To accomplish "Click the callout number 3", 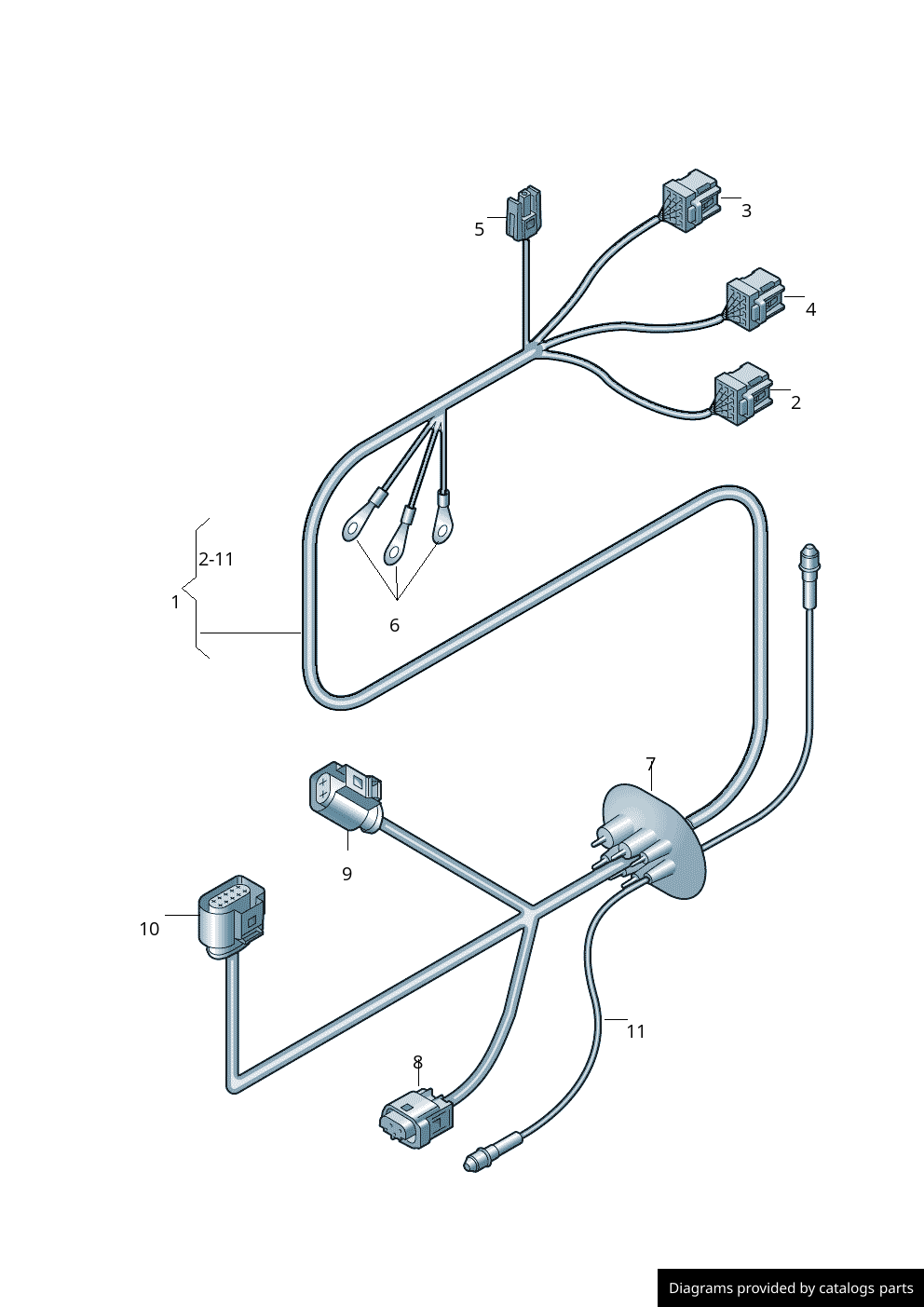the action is click(x=746, y=211).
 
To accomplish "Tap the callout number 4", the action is click(x=810, y=309).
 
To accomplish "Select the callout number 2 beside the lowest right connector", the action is click(x=795, y=402).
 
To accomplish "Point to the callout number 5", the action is click(x=479, y=229).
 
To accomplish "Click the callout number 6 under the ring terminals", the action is click(x=394, y=625).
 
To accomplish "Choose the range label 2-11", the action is click(x=216, y=559).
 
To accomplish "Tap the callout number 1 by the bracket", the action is click(x=175, y=602).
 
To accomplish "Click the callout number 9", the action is click(x=347, y=874).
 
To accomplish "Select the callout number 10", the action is click(x=149, y=929).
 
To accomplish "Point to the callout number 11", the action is click(x=636, y=1031).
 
